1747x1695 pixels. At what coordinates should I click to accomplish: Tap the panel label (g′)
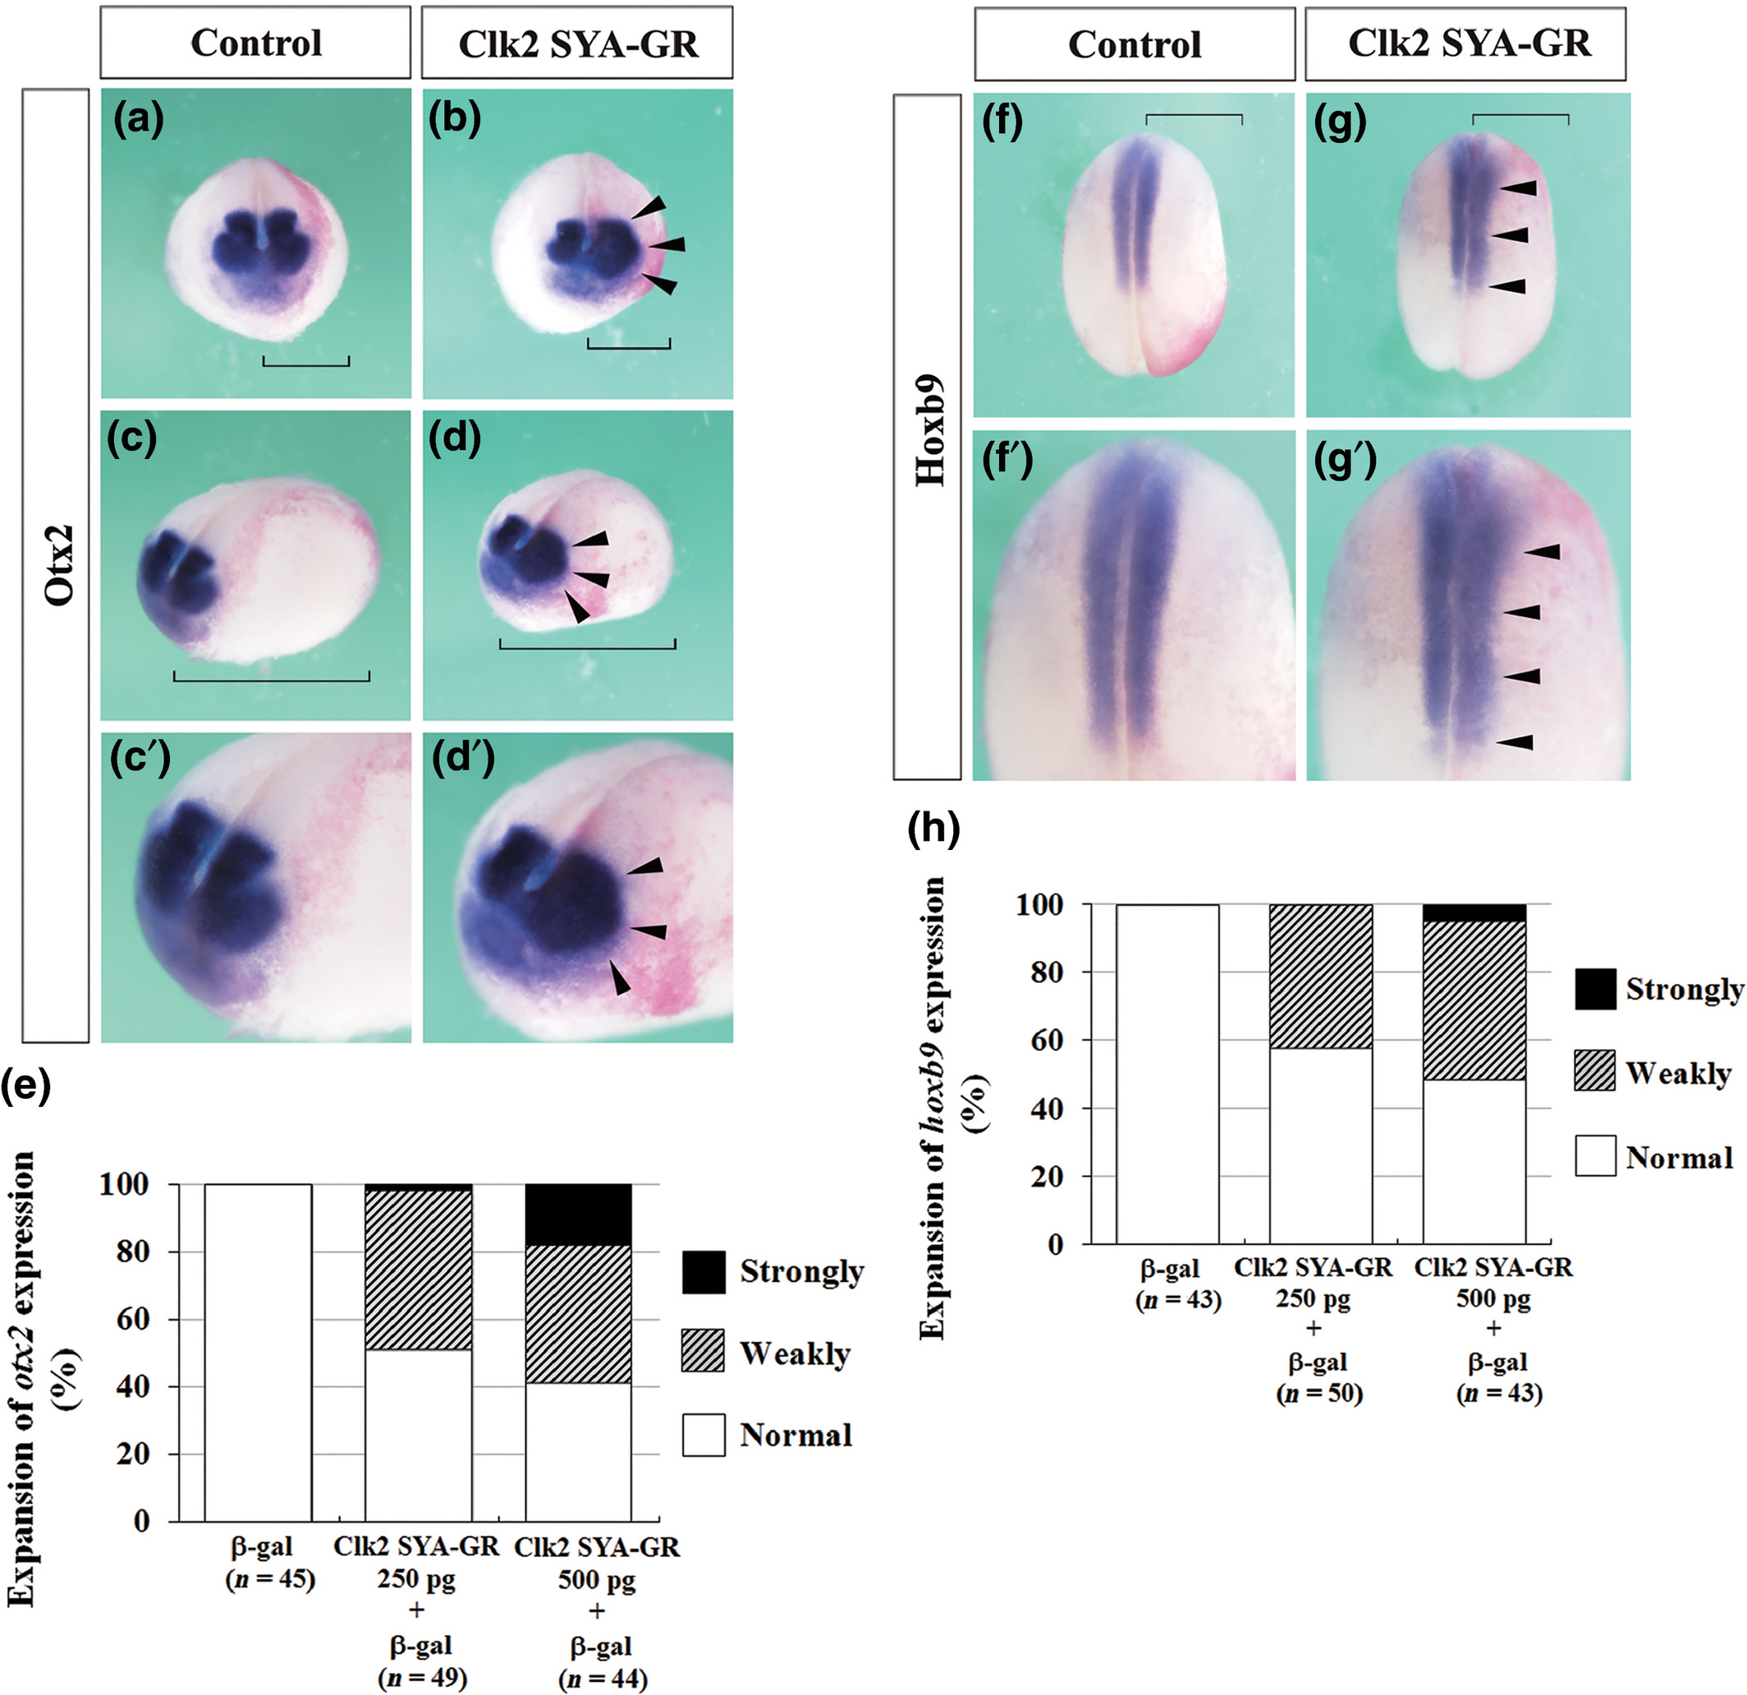click(1345, 461)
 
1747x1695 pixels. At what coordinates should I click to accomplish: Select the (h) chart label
click(933, 829)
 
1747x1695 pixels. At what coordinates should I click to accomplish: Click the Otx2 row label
click(59, 564)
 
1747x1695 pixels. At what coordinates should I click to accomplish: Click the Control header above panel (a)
click(256, 43)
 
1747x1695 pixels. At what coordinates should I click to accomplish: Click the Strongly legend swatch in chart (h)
click(1594, 989)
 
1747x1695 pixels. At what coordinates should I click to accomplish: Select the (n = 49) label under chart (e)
click(423, 1678)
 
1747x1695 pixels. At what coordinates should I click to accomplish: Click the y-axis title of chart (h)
click(947, 1106)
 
